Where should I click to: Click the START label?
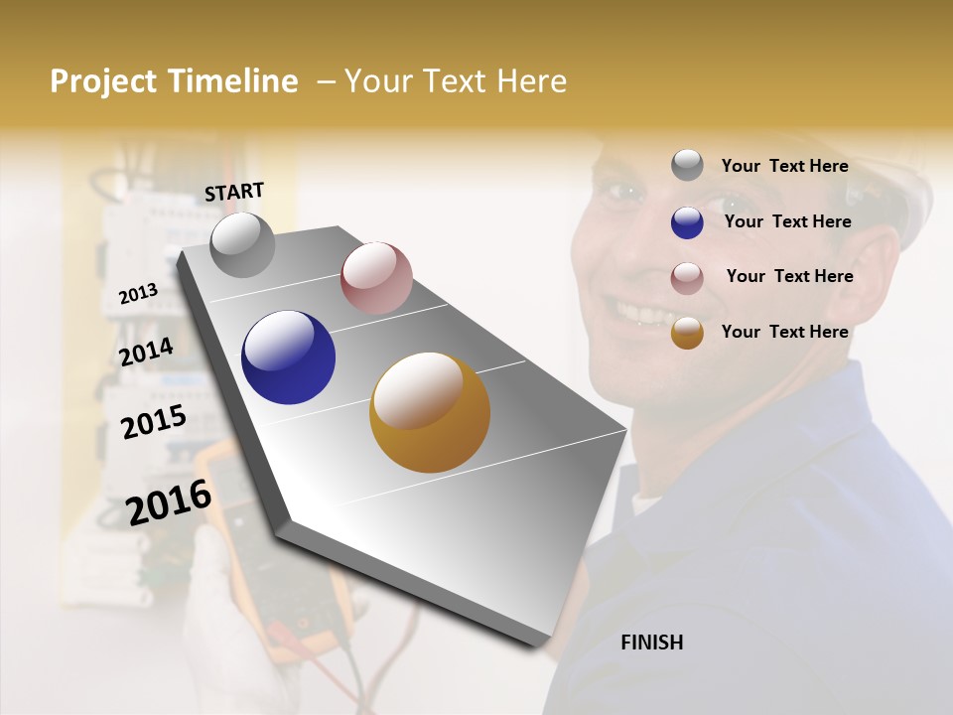tap(234, 192)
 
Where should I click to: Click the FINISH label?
tap(651, 643)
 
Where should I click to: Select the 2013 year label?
tap(138, 293)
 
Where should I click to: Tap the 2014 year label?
tap(146, 352)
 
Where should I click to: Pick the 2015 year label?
tap(154, 422)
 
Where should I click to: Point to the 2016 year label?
tap(169, 502)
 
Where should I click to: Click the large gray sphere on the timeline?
tap(242, 244)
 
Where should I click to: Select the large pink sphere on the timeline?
tap(376, 277)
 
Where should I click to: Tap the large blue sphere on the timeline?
tap(288, 357)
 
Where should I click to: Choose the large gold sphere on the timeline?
tap(429, 412)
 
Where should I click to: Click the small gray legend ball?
tap(687, 165)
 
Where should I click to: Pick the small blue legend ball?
tap(687, 222)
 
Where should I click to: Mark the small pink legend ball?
tap(687, 278)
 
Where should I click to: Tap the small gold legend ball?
tap(687, 333)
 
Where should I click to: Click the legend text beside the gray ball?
tap(784, 166)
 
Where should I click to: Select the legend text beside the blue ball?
tap(787, 221)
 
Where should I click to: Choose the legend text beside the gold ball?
tap(784, 332)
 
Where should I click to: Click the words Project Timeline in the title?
tap(174, 81)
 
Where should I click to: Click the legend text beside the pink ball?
tap(789, 276)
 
